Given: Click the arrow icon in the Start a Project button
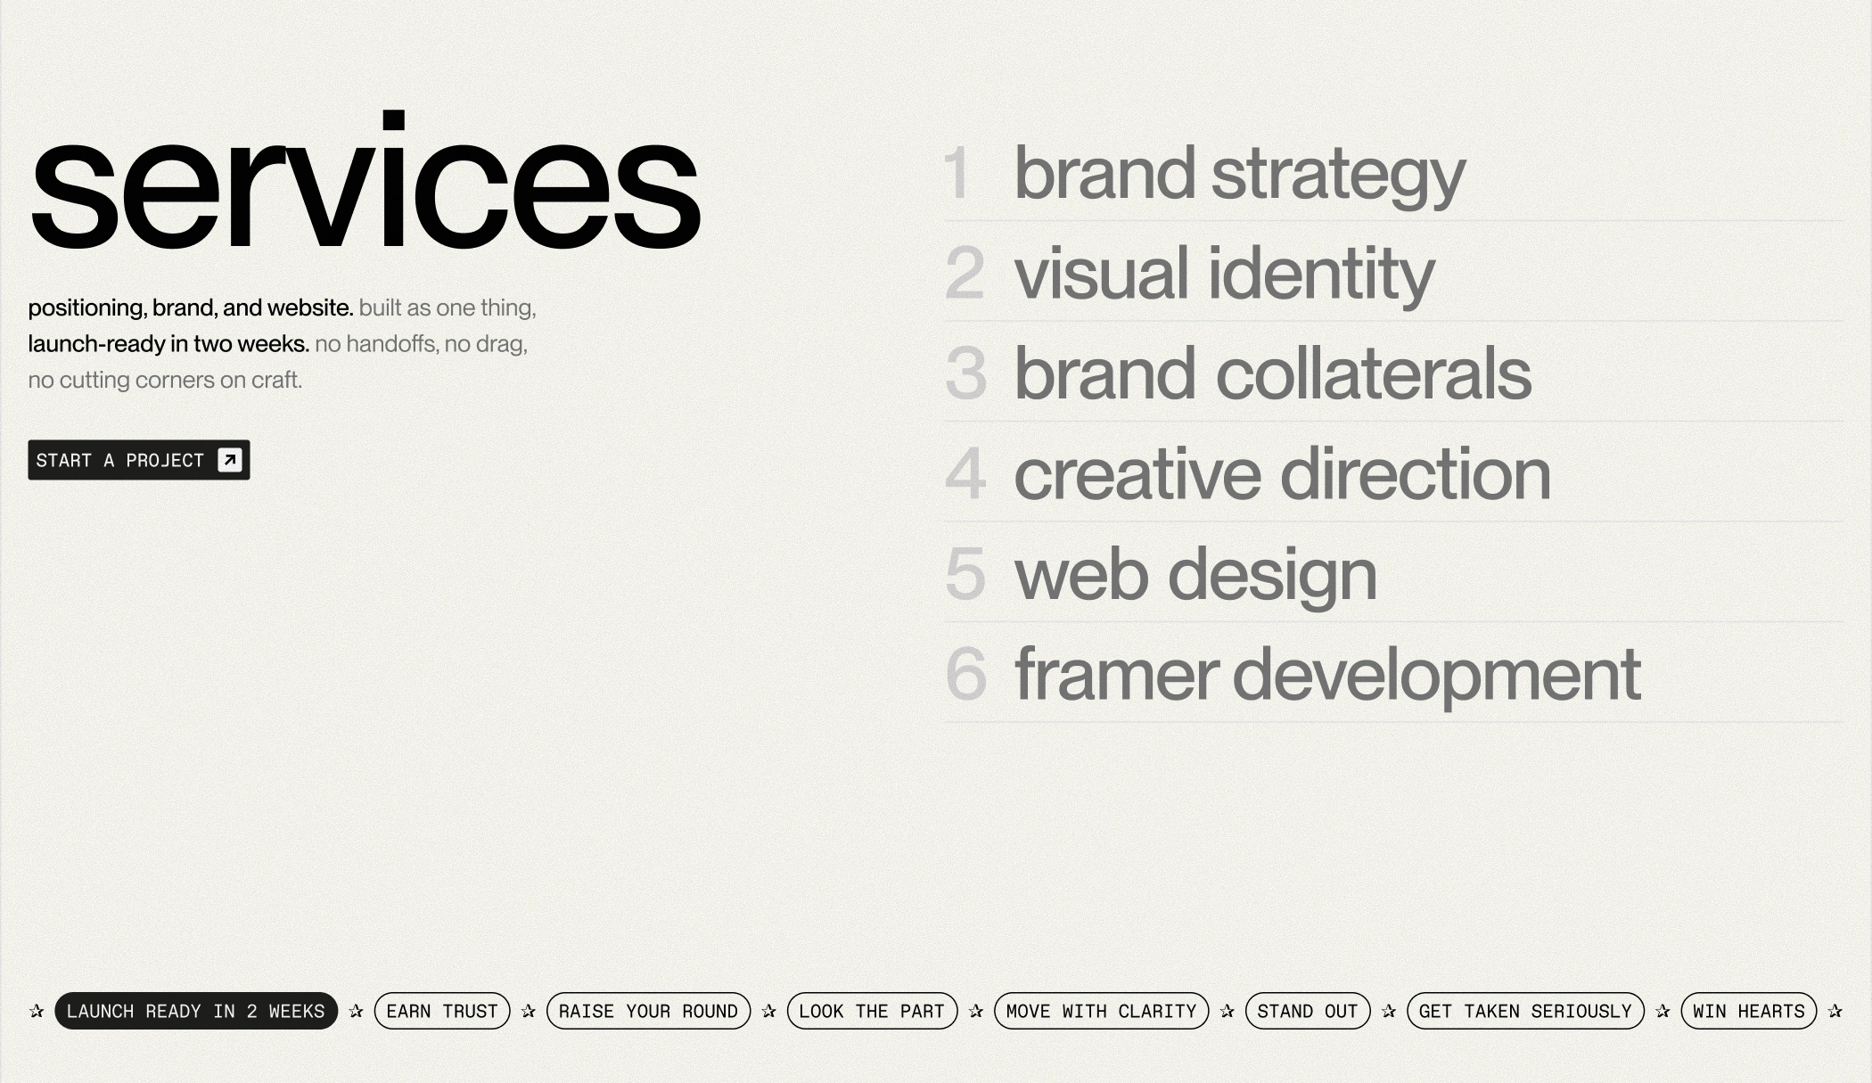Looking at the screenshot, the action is click(230, 460).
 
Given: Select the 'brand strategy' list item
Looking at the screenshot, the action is click(1239, 175).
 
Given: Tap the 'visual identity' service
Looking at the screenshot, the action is click(1224, 275).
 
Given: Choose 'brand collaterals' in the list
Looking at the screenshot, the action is click(1273, 373).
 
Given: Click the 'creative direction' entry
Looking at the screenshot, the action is click(1283, 474).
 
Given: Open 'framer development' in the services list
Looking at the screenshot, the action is click(1327, 676).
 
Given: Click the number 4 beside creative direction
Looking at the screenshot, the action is click(965, 473).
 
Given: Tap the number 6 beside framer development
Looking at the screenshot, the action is click(966, 674).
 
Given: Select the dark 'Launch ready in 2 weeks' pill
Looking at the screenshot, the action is click(196, 1011).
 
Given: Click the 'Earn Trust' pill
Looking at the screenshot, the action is click(442, 1011).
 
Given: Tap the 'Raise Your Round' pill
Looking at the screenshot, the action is click(648, 1011).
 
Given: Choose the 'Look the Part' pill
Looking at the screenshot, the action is click(872, 1011).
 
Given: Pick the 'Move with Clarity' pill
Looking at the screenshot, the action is click(1101, 1011).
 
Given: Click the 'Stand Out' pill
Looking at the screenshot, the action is click(1308, 1011).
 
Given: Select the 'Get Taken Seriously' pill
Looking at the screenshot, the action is click(1525, 1011).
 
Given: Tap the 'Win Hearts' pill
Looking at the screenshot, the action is click(1749, 1011).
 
